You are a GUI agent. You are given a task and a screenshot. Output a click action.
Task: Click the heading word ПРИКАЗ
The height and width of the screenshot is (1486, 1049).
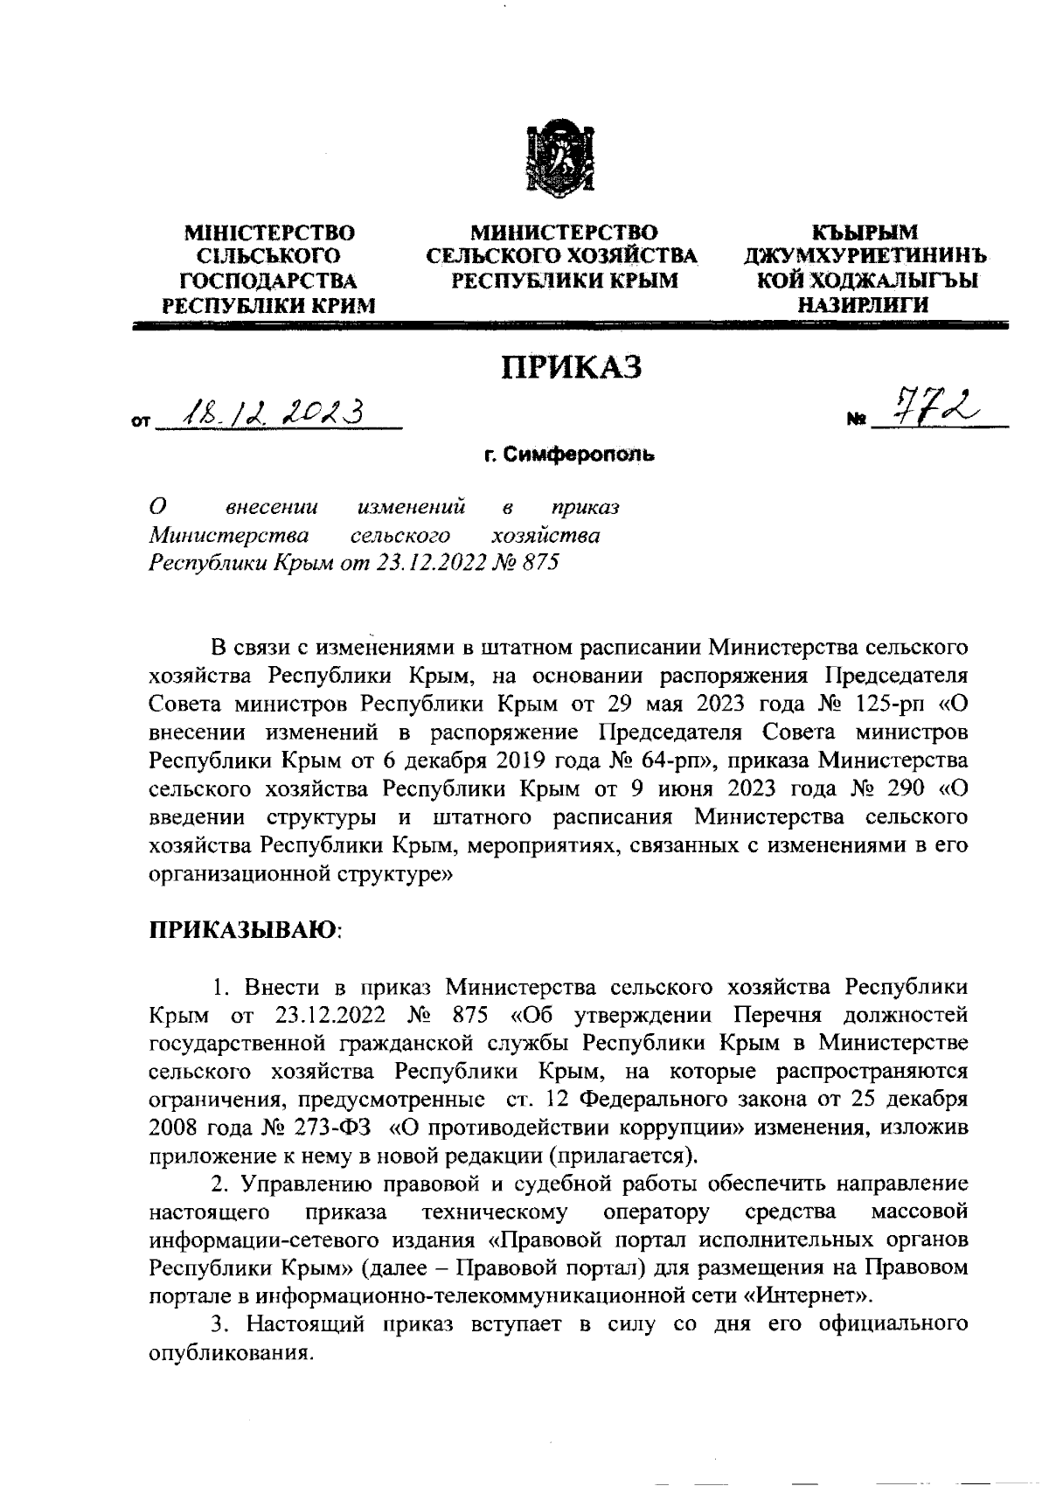coord(570,367)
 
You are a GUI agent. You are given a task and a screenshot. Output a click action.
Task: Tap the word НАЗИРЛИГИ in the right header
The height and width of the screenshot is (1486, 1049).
coord(862,304)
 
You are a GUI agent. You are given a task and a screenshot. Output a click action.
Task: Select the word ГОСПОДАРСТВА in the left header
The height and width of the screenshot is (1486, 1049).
coord(268,281)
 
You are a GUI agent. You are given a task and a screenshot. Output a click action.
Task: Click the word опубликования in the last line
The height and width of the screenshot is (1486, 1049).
coord(232,1352)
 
